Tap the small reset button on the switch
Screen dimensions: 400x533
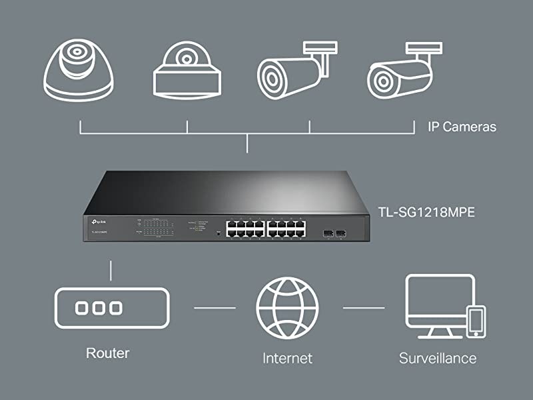(219, 233)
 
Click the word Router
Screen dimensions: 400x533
(107, 353)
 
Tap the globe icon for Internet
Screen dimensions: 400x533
(287, 309)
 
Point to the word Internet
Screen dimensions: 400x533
(287, 358)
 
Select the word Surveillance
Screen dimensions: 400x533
(438, 358)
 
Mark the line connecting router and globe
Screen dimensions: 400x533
(215, 308)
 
